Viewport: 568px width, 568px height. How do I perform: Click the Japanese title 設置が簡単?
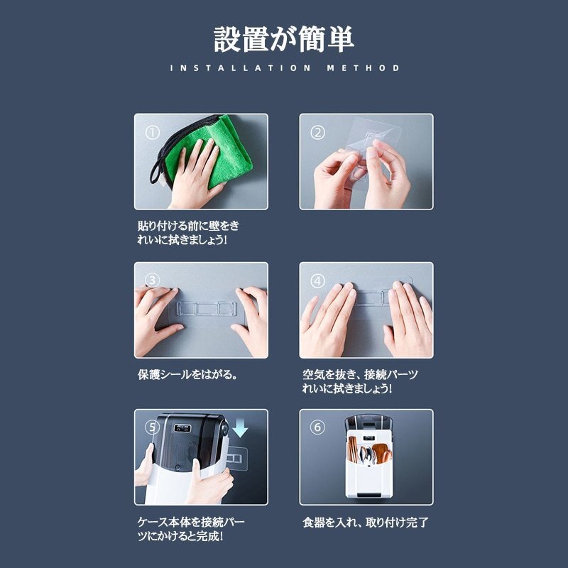tap(284, 39)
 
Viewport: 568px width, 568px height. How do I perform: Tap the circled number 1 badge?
tap(152, 133)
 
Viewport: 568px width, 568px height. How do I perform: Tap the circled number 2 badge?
tap(317, 133)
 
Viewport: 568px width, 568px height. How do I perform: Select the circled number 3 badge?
tap(152, 280)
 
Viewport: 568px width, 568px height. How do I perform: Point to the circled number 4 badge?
tap(317, 280)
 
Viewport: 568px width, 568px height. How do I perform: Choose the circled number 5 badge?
tap(152, 427)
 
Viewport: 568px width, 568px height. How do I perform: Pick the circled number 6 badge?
tap(317, 427)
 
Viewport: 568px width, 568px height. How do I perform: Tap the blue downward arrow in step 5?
tap(239, 429)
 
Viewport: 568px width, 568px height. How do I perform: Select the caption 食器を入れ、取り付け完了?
tap(366, 523)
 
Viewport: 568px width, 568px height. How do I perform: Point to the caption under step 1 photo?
tap(188, 233)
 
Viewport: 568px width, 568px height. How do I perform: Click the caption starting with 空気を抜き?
tap(359, 381)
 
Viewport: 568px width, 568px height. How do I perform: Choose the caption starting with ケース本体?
tap(187, 529)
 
